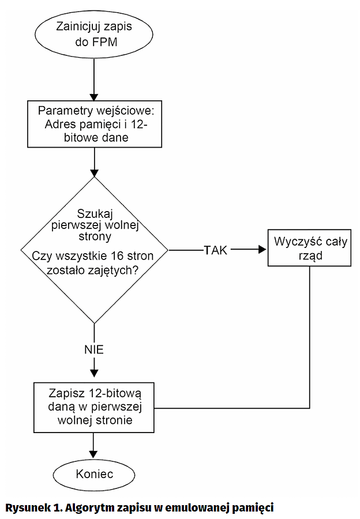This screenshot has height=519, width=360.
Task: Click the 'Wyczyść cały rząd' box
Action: click(x=310, y=249)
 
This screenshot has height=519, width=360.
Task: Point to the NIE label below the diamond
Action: click(x=93, y=349)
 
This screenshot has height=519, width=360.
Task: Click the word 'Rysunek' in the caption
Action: click(x=27, y=507)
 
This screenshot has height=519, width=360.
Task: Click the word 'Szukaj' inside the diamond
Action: click(x=93, y=212)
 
